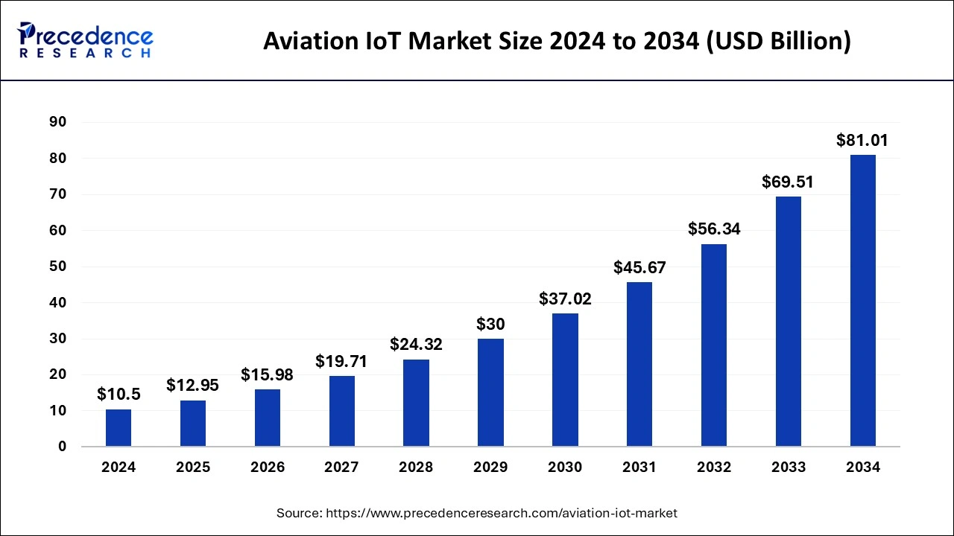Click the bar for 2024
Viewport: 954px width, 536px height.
(x=119, y=428)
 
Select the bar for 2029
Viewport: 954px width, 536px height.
(x=490, y=393)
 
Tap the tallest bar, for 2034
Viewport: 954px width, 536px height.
(x=862, y=301)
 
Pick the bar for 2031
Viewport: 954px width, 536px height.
(x=639, y=365)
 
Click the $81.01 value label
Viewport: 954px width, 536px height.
(x=862, y=140)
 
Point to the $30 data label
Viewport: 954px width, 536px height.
(x=490, y=325)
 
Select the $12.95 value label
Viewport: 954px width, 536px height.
(x=193, y=386)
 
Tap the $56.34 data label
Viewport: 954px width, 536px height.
(x=714, y=229)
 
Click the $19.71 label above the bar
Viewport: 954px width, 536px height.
(x=341, y=361)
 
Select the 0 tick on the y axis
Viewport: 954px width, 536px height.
(x=63, y=447)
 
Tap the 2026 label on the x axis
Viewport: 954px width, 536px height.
(x=268, y=468)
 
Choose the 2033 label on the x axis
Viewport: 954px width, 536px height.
(x=789, y=468)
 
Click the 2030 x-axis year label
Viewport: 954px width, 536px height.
(x=565, y=468)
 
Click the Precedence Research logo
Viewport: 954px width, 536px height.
(x=86, y=40)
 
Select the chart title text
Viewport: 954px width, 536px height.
(x=556, y=41)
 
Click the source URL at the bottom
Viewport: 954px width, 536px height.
(x=477, y=513)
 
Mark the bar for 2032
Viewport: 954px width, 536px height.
(x=714, y=345)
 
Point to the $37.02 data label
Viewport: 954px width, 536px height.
(x=565, y=299)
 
